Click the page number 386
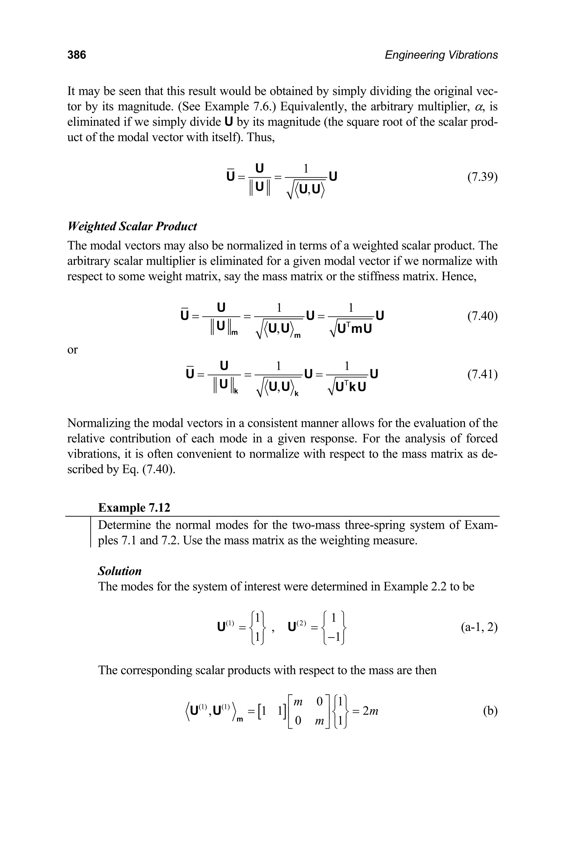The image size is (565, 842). coord(77,55)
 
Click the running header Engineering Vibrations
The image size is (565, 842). coord(441,55)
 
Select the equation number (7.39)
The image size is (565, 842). coord(482,177)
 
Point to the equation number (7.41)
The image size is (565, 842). coord(482,374)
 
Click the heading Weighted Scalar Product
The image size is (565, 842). coord(132,226)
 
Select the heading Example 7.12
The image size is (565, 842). coord(134,508)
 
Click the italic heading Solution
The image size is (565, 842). coord(120,571)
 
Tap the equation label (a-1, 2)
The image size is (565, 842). coord(479,628)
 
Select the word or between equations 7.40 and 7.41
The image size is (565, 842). coord(73,350)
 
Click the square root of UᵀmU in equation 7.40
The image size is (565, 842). coord(350,329)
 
